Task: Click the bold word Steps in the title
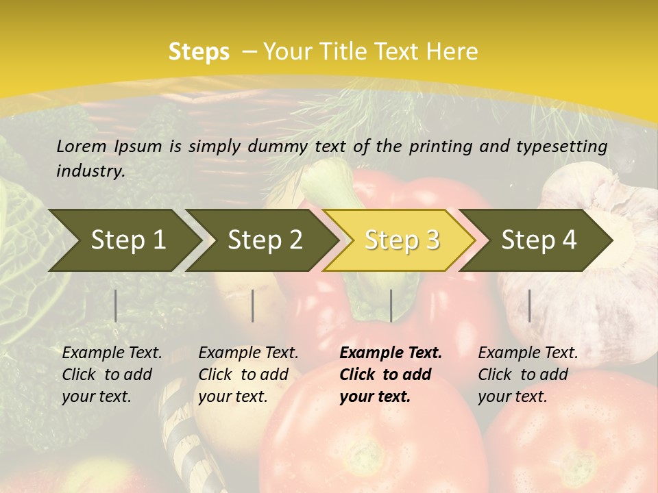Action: (199, 51)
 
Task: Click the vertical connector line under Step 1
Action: (116, 305)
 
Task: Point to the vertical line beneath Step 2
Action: (253, 305)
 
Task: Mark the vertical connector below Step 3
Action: (391, 305)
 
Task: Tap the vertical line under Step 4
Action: (529, 305)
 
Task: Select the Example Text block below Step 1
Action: (112, 375)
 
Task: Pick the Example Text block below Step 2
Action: (248, 375)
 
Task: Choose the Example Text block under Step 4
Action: (528, 375)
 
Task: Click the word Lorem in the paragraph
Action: (82, 146)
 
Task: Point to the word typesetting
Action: (563, 146)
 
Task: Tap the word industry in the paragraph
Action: (90, 170)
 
